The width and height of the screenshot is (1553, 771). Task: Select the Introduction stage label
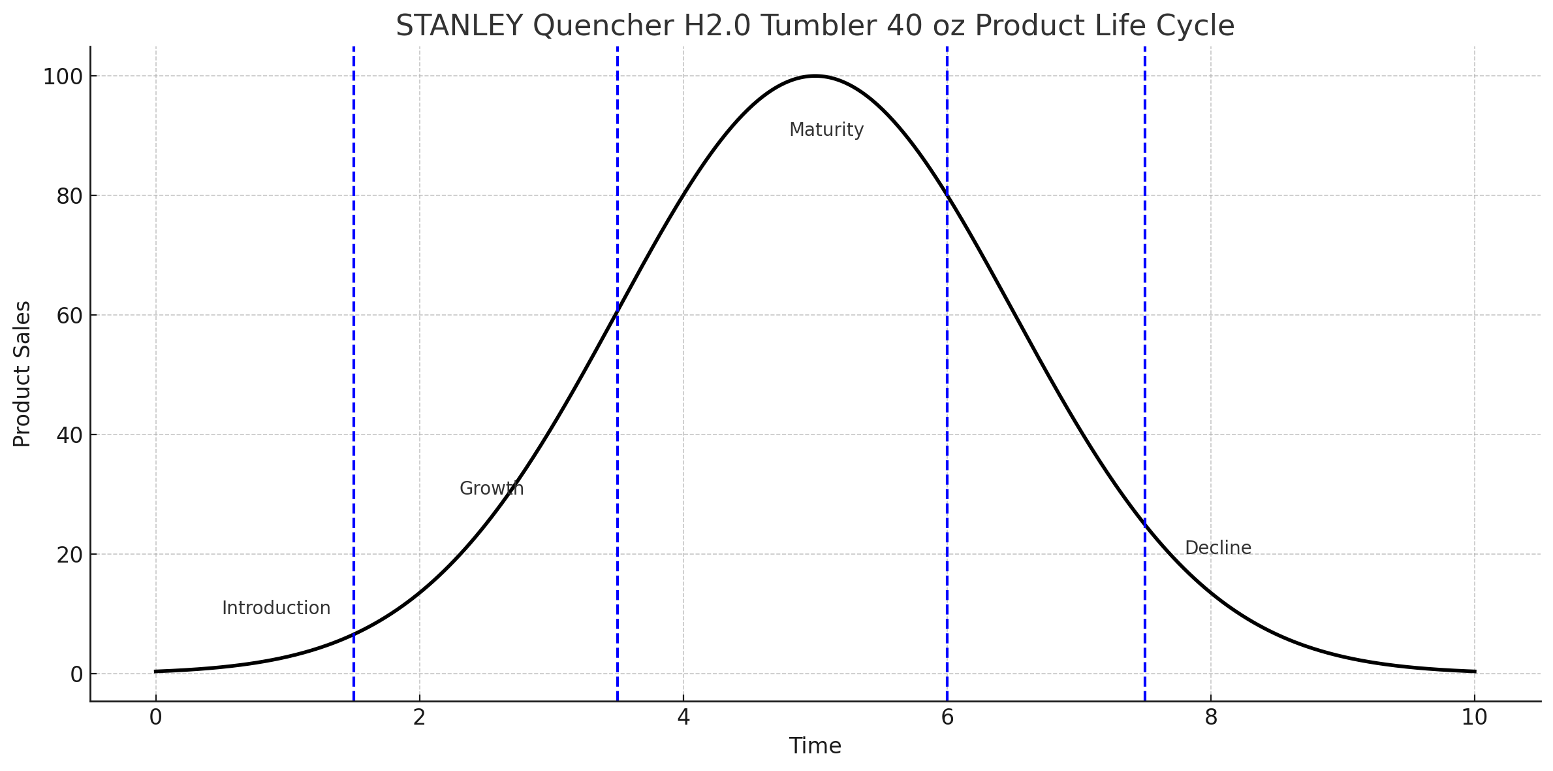click(276, 608)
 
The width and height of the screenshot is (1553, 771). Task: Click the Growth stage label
click(492, 489)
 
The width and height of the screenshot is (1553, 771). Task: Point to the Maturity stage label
click(826, 130)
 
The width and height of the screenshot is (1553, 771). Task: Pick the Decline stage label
click(1218, 548)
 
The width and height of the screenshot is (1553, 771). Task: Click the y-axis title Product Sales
click(22, 374)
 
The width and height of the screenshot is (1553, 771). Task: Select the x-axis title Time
click(815, 746)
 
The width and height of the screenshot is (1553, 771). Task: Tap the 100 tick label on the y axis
click(63, 77)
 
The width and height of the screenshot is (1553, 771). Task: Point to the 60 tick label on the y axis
click(69, 316)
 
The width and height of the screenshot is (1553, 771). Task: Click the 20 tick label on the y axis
click(69, 555)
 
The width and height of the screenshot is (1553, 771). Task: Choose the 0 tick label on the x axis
click(155, 717)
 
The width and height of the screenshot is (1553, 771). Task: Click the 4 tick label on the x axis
click(683, 717)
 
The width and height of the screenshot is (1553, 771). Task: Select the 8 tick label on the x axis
click(1211, 717)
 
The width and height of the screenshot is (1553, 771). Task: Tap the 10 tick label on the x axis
click(1475, 717)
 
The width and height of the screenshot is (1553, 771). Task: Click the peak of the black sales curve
click(815, 76)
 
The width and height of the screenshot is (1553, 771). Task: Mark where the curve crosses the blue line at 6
click(947, 195)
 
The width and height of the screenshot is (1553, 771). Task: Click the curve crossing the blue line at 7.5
click(1145, 525)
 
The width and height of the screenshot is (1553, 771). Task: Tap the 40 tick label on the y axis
click(69, 436)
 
